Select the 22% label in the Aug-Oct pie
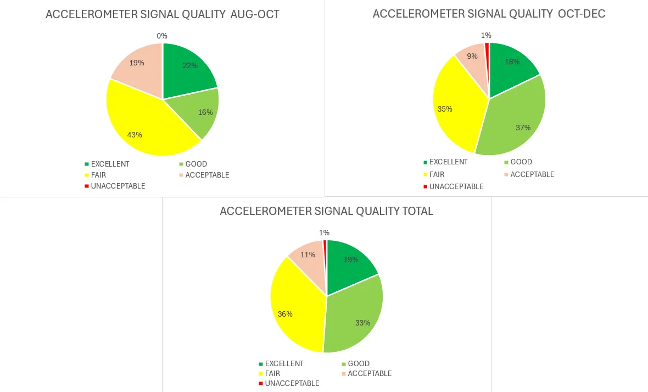tap(190, 65)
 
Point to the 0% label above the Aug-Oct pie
tap(162, 36)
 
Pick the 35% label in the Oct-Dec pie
tap(445, 109)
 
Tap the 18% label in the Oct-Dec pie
tap(512, 62)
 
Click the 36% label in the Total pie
tap(285, 314)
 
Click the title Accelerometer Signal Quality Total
tap(326, 211)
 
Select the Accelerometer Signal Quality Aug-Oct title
tap(162, 14)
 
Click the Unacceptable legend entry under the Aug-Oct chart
tap(118, 186)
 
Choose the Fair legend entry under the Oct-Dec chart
tap(437, 174)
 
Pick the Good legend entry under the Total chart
tap(358, 363)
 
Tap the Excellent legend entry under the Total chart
tap(283, 363)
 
